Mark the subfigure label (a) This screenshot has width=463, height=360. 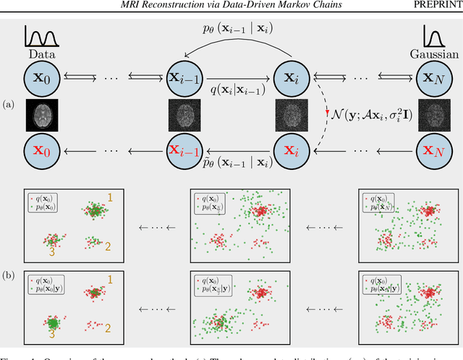click(x=9, y=106)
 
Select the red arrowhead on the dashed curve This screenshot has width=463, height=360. click(x=327, y=113)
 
